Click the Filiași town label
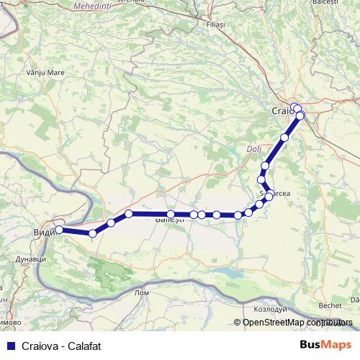point(215,24)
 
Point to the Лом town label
point(142,292)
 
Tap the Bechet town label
point(330,305)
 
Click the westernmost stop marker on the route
point(59,230)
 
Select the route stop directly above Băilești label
point(171,214)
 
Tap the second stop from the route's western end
point(92,233)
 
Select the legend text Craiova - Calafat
point(60,346)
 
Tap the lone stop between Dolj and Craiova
point(284,137)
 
